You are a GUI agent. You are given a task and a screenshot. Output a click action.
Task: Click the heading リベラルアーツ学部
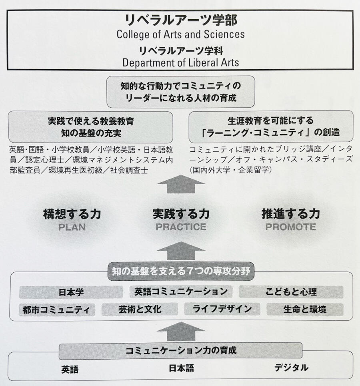tap(181, 20)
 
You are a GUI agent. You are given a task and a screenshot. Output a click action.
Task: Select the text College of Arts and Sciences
tap(181, 34)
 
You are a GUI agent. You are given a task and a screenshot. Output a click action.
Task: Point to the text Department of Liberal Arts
tap(181, 62)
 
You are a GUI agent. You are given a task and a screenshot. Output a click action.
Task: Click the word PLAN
tap(72, 227)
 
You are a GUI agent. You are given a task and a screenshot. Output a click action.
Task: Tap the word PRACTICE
tap(181, 227)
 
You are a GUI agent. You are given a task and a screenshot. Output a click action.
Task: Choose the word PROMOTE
tap(291, 227)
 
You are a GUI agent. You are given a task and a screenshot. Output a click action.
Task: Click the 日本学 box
tap(71, 292)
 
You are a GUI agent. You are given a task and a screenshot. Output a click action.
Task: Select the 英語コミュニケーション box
tap(181, 292)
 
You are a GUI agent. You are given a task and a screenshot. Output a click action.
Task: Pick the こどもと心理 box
tap(291, 292)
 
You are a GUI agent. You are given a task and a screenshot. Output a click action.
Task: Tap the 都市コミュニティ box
tap(57, 310)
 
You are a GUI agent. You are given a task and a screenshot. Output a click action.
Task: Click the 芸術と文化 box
tap(140, 309)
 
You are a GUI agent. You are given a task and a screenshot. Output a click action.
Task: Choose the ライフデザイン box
tap(222, 309)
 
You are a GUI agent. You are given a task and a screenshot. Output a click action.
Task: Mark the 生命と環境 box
tap(305, 309)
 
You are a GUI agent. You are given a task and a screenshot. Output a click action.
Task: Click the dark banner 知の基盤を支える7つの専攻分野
tap(181, 271)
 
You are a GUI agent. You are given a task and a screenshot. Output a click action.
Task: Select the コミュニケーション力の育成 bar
tap(180, 350)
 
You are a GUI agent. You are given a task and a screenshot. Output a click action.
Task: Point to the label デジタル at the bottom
tap(291, 368)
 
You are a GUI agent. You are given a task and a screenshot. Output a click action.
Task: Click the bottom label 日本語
tap(181, 368)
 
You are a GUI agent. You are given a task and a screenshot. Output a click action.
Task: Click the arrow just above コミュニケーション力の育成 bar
tap(181, 331)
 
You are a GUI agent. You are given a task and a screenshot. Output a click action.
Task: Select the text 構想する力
tap(72, 214)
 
